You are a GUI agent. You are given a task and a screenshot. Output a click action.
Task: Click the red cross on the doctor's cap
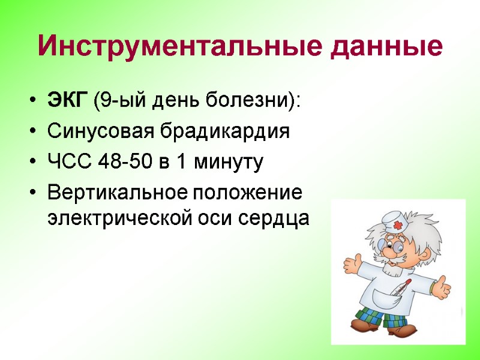398,226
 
